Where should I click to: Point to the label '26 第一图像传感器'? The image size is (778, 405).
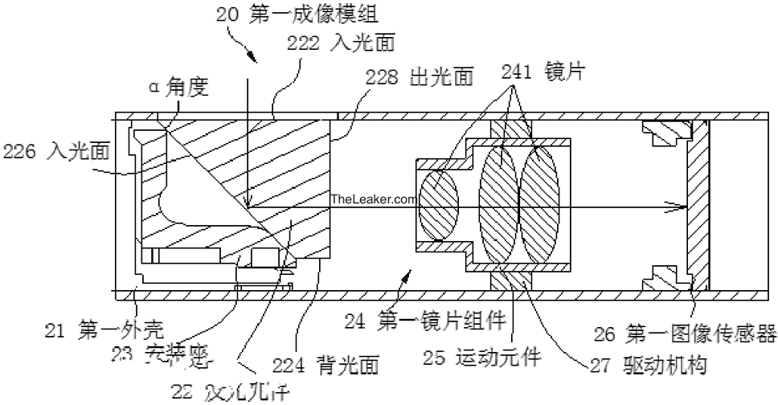[685, 331]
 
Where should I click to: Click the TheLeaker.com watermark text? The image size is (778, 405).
[374, 198]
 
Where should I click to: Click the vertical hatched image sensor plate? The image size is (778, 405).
[698, 204]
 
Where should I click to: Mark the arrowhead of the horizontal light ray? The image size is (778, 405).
[680, 206]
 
